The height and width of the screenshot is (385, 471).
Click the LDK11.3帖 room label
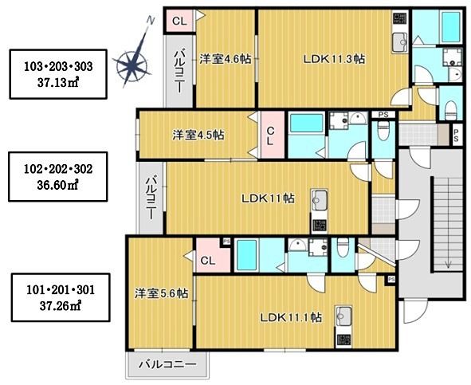click(x=334, y=59)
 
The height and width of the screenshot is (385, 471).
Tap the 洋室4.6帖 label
click(x=226, y=59)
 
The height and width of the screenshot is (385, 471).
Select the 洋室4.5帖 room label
click(x=198, y=135)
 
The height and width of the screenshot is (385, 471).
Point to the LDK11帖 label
click(x=268, y=198)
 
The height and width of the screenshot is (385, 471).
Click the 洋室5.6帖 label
click(x=161, y=293)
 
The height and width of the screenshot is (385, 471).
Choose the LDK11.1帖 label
click(x=291, y=317)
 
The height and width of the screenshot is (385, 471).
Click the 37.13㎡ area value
click(x=58, y=82)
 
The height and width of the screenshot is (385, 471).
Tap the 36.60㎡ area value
click(x=57, y=186)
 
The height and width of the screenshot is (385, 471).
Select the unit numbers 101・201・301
click(x=61, y=290)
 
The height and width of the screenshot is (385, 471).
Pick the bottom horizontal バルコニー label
click(x=167, y=365)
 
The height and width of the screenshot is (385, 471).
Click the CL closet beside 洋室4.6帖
click(x=179, y=21)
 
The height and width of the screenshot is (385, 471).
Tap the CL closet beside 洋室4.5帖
click(x=271, y=136)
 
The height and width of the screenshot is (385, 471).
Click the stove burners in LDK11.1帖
click(x=343, y=340)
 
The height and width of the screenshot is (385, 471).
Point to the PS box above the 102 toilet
click(x=383, y=115)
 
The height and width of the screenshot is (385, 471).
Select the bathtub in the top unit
click(x=450, y=27)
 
